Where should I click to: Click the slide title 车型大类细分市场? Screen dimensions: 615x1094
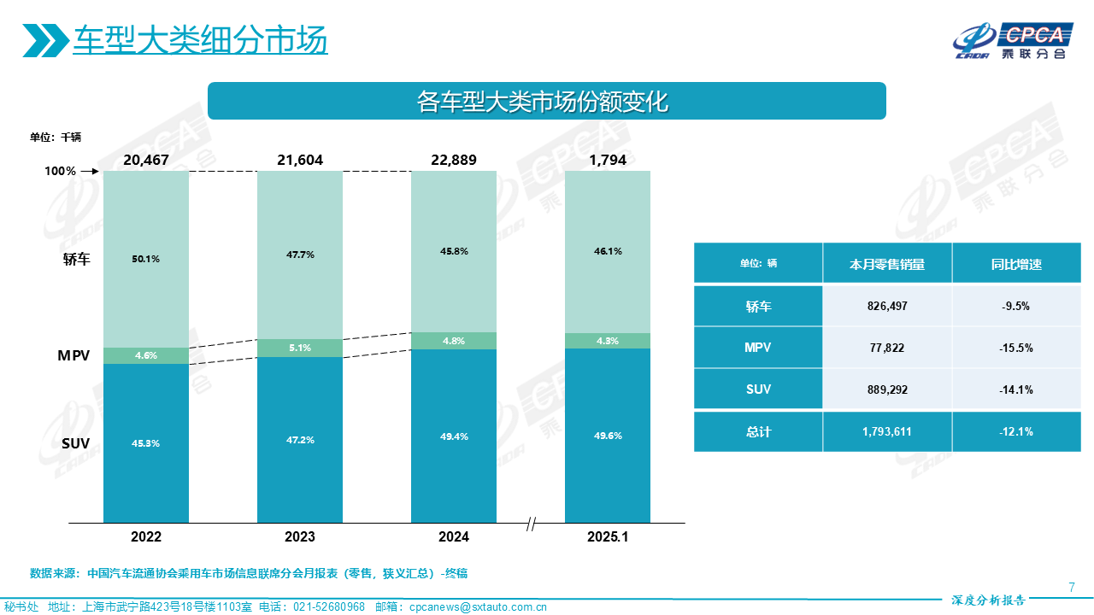point(200,40)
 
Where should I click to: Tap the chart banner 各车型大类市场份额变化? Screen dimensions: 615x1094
point(547,102)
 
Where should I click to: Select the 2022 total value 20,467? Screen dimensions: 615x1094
point(146,160)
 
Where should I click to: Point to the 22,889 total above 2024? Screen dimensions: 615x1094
point(454,160)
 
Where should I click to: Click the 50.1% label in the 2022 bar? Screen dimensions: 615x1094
point(146,259)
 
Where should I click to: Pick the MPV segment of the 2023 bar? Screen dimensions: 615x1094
point(300,348)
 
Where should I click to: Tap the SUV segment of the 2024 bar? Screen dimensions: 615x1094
point(454,436)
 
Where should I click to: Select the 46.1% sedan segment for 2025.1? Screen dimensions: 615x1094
point(608,251)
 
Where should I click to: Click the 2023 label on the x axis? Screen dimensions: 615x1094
point(300,537)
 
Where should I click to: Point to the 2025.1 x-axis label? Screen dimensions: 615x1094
point(608,537)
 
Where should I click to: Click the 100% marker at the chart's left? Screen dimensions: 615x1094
point(61,171)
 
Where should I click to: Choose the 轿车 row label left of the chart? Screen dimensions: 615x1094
point(76,259)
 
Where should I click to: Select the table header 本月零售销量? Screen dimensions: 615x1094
point(887,264)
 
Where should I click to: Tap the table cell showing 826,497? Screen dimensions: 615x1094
point(887,306)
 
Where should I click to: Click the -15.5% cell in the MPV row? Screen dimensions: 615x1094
point(1017,348)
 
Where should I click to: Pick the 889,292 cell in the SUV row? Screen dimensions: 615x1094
point(887,389)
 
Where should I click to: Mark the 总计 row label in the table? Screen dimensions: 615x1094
point(758,431)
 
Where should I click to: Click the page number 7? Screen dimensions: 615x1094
point(1072,586)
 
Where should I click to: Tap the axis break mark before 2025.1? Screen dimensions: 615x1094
point(531,524)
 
